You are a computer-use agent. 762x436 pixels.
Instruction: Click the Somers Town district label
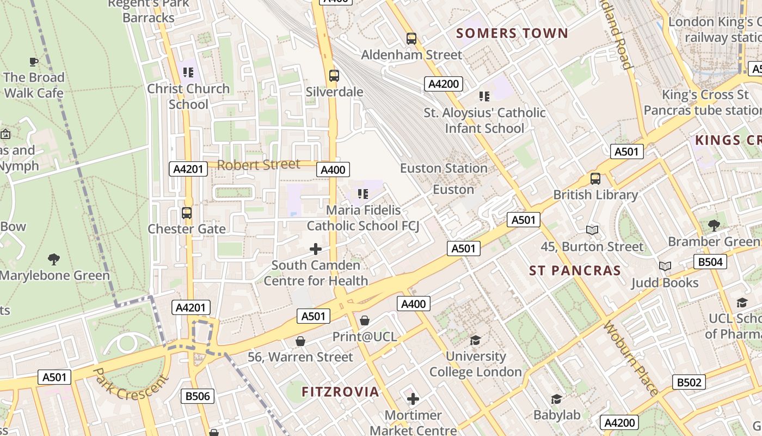(x=512, y=33)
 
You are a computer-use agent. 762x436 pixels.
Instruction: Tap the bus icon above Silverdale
(x=334, y=75)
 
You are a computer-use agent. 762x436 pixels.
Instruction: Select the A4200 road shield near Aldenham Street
(x=444, y=84)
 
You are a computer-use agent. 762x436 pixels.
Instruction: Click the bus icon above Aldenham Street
(x=411, y=39)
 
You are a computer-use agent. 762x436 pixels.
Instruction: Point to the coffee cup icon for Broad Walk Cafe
(x=34, y=61)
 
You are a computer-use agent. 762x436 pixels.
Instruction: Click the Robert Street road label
(x=259, y=165)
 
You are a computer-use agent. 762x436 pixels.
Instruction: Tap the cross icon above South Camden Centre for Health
(x=316, y=249)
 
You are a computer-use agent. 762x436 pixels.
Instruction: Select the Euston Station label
(x=444, y=168)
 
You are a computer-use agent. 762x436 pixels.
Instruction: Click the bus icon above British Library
(x=595, y=178)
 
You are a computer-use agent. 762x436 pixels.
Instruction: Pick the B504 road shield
(x=710, y=262)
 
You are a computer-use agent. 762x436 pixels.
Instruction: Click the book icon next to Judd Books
(x=665, y=266)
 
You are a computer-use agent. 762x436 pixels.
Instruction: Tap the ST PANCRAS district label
(x=575, y=271)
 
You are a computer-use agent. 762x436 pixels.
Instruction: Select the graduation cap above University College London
(x=475, y=340)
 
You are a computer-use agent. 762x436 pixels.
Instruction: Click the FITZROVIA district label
(x=340, y=392)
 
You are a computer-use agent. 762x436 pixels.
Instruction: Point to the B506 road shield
(x=198, y=396)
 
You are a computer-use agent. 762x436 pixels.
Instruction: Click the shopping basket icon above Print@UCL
(x=365, y=320)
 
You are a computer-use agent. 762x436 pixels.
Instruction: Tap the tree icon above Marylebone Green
(x=53, y=259)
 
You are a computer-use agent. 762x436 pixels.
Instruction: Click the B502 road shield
(x=689, y=383)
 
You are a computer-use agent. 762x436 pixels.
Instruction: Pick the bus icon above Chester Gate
(x=187, y=213)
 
